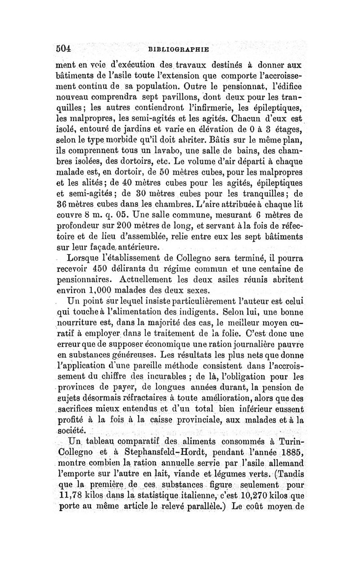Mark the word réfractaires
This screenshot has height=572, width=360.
pyautogui.click(x=162, y=398)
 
